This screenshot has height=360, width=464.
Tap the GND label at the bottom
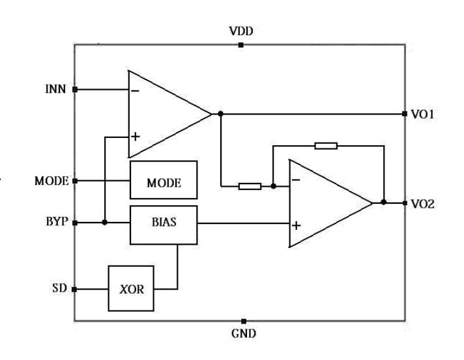(x=244, y=333)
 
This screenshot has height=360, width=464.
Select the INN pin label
(x=54, y=89)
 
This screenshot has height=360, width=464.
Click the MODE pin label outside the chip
(x=51, y=181)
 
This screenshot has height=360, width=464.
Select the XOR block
(x=132, y=289)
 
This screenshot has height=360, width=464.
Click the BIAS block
(x=163, y=222)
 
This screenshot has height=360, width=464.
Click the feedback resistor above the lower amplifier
(x=326, y=145)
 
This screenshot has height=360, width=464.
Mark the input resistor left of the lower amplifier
(x=250, y=186)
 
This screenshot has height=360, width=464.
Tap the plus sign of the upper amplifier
(x=135, y=137)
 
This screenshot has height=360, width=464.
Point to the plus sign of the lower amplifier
(x=297, y=226)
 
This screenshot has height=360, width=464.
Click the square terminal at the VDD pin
(x=241, y=45)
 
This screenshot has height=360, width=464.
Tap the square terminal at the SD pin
(x=75, y=288)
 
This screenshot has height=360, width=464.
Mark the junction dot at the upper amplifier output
(x=221, y=114)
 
